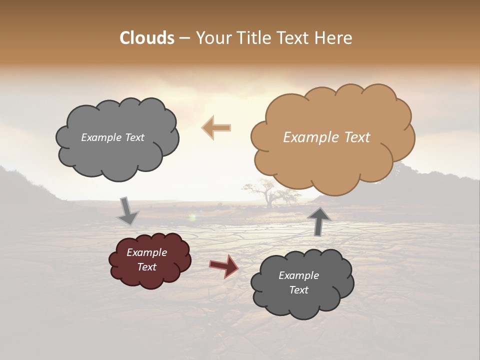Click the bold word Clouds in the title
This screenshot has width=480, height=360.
pyautogui.click(x=147, y=38)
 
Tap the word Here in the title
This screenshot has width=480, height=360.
pyautogui.click(x=334, y=38)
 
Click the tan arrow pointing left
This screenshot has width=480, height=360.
pyautogui.click(x=216, y=127)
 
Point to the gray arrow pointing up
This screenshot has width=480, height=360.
pyautogui.click(x=318, y=221)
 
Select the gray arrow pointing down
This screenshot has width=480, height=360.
pyautogui.click(x=128, y=211)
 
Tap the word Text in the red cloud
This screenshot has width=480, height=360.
pyautogui.click(x=147, y=267)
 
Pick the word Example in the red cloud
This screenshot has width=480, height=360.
pyautogui.click(x=147, y=252)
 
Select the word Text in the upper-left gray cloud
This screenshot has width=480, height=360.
pyautogui.click(x=133, y=137)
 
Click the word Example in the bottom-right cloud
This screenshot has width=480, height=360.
pyautogui.click(x=298, y=275)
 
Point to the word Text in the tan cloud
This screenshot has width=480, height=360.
pyautogui.click(x=357, y=137)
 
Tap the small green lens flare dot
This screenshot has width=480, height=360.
pyautogui.click(x=192, y=217)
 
